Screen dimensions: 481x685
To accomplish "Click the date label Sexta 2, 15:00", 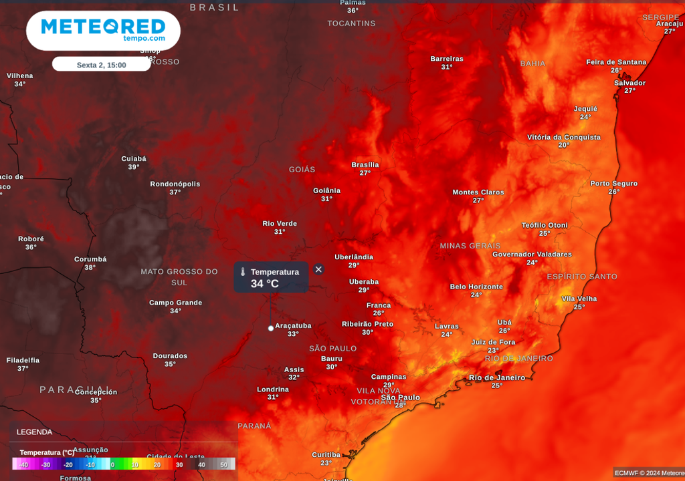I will (101, 65).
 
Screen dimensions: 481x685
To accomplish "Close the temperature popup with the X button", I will (318, 269).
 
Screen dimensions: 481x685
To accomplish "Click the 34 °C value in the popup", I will (265, 283).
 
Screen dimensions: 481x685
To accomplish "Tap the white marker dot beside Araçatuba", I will (271, 328).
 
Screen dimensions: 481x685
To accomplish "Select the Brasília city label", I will (365, 165).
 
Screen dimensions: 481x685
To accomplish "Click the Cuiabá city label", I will (134, 159).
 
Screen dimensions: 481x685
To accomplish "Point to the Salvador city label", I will (629, 83).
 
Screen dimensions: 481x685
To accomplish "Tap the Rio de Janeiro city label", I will (497, 377).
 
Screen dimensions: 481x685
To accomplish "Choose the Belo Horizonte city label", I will (476, 287).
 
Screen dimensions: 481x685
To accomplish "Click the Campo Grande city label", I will (175, 303).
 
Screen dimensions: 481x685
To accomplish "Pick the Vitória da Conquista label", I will (564, 138).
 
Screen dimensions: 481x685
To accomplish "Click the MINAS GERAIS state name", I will (470, 246).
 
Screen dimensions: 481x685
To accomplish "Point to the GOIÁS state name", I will (302, 170).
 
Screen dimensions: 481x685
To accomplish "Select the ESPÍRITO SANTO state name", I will (582, 277).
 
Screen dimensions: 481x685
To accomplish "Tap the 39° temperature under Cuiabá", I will (134, 167).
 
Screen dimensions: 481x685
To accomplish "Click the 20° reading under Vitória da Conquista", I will (564, 146).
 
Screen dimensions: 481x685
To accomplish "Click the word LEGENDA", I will (34, 432).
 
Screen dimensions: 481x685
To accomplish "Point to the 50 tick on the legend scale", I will (224, 464).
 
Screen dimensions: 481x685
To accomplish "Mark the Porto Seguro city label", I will (613, 184).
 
